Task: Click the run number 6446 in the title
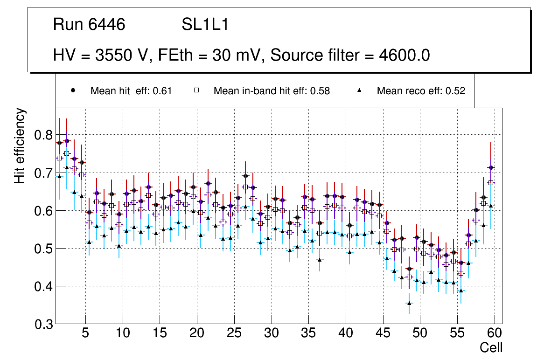pos(106,25)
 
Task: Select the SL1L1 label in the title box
pos(205,25)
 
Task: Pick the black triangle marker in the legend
pos(360,91)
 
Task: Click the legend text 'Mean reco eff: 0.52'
pos(421,91)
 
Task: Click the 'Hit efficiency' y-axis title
pos(20,145)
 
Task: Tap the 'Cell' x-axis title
pos(491,347)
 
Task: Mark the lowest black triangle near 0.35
pos(409,303)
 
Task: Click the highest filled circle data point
pos(67,141)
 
